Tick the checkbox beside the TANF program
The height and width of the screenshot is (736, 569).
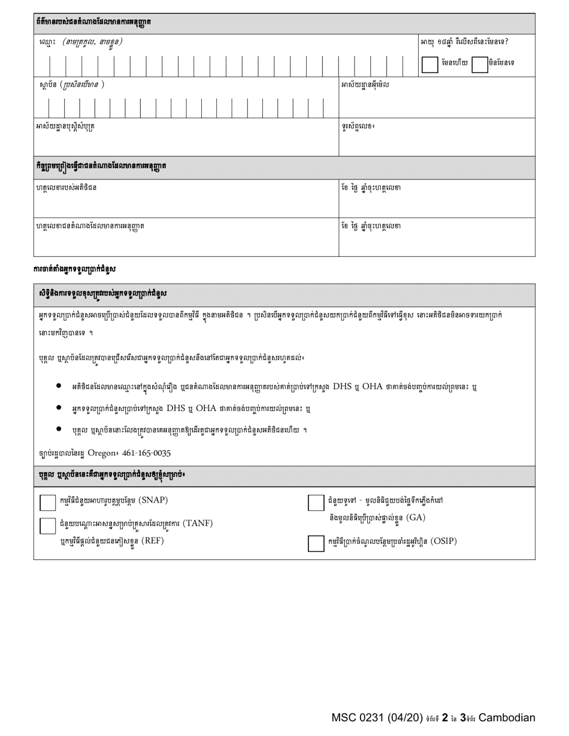click(48, 525)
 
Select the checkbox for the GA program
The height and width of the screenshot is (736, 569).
click(316, 503)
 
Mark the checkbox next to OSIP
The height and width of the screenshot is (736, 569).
click(316, 542)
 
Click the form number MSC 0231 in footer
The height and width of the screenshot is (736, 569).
click(358, 718)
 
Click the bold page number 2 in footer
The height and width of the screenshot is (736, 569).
click(445, 718)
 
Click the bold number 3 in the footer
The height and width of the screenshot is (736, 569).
click(462, 718)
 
